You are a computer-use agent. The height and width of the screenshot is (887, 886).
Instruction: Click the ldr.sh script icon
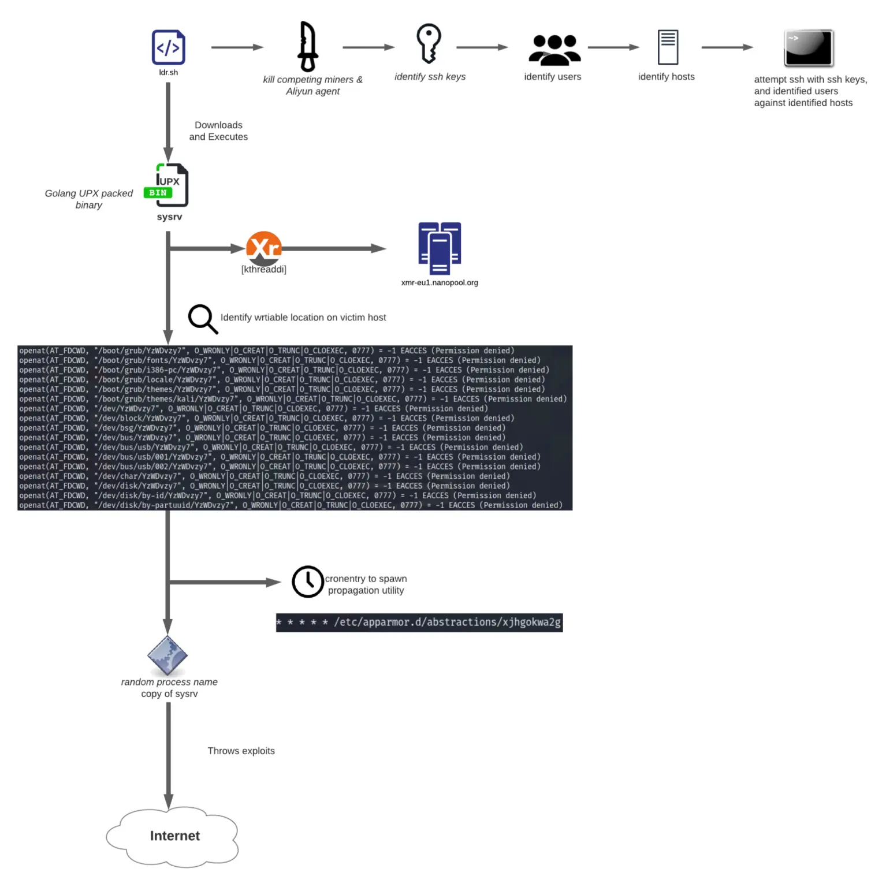(x=168, y=47)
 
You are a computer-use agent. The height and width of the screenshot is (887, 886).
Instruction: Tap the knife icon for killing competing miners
(x=307, y=46)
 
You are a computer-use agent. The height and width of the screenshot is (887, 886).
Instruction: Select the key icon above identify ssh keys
(x=429, y=43)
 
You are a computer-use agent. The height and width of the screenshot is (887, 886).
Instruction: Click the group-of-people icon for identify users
(x=554, y=50)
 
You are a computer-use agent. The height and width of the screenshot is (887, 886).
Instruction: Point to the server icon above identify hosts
(x=668, y=47)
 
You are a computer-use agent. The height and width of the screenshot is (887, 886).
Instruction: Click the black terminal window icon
(x=809, y=48)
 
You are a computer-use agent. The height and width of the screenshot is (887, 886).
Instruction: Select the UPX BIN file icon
(x=166, y=185)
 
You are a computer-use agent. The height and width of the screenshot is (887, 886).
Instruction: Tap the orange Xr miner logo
(x=264, y=248)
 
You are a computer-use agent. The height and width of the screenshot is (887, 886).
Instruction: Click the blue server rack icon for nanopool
(x=440, y=248)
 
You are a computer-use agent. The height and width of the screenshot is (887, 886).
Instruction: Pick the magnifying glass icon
(x=203, y=319)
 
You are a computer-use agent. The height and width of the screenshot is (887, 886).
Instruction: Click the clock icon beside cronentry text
(x=307, y=582)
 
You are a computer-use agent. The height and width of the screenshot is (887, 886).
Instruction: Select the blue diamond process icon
(x=167, y=655)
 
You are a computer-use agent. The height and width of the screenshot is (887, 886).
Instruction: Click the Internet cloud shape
(x=173, y=837)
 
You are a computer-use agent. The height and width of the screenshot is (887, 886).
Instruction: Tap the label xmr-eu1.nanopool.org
(x=440, y=283)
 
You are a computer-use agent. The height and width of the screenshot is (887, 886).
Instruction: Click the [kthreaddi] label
(x=264, y=270)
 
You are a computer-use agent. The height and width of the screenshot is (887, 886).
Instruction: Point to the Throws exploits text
(x=241, y=751)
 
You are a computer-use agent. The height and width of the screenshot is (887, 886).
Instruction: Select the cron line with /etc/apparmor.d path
(x=419, y=623)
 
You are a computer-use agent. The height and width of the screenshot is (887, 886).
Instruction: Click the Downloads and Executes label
(x=218, y=131)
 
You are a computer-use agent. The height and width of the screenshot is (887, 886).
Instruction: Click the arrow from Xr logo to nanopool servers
(x=334, y=248)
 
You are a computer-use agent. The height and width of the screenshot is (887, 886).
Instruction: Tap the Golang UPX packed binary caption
(x=89, y=199)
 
